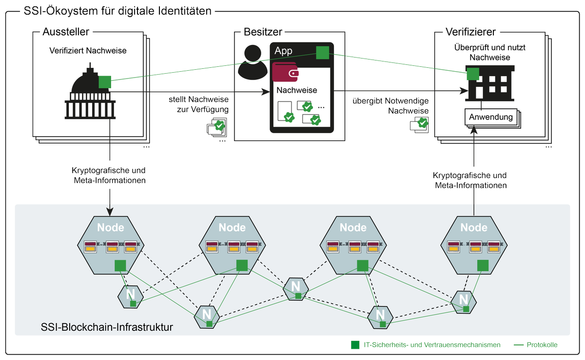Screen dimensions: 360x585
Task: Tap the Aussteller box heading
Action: (x=66, y=32)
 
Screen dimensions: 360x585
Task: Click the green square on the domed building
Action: (x=105, y=82)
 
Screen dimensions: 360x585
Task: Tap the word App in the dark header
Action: (x=284, y=51)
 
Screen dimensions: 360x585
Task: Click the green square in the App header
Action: (x=322, y=53)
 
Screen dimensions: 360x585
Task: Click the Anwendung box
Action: (x=490, y=117)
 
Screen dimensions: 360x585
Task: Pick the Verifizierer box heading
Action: (x=470, y=32)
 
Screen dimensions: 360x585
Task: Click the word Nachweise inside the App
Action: (x=297, y=90)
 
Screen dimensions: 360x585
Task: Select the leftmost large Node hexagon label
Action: (x=111, y=227)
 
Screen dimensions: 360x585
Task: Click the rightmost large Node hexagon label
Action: (x=474, y=227)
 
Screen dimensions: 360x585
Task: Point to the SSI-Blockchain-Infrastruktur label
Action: (x=108, y=325)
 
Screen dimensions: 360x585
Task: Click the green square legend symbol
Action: (x=355, y=345)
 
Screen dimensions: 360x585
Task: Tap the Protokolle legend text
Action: (x=542, y=345)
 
